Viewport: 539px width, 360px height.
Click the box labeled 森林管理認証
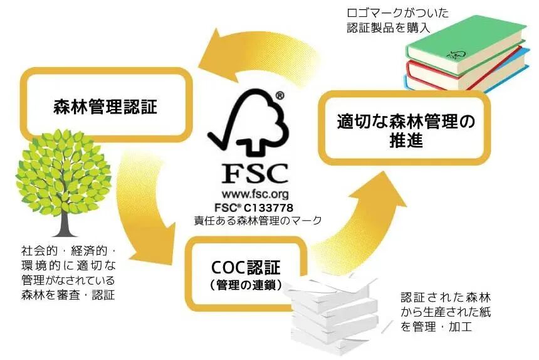pos(105,105)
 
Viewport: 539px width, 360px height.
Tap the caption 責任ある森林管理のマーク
pos(258,220)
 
